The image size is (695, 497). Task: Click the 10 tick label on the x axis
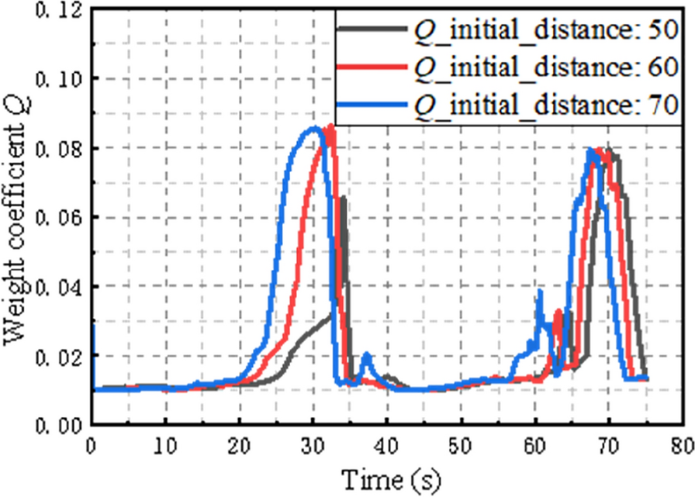coord(165,445)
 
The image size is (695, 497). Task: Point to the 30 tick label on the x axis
coord(313,445)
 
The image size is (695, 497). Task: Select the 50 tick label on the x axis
coord(462,445)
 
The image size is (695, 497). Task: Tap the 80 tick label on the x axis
coord(683,445)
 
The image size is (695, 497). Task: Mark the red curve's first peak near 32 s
coord(331,126)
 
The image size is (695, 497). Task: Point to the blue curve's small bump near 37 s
coord(368,355)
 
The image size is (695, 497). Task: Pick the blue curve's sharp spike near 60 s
coord(539,292)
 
